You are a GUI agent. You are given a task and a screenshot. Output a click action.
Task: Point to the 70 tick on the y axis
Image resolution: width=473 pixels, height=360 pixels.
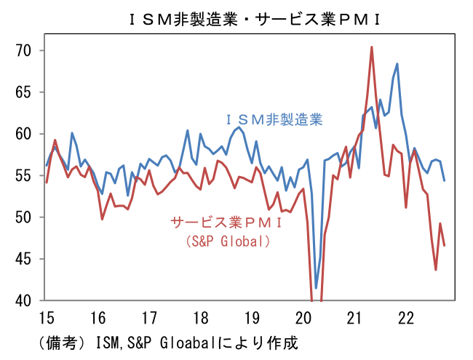(25, 50)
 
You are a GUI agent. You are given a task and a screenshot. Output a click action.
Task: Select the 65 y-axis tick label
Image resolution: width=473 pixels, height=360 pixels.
(25, 92)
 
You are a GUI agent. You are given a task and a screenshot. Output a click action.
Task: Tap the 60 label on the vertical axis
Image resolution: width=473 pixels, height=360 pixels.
(25, 134)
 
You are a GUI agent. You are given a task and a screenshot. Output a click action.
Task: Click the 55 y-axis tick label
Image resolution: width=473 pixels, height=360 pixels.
(25, 175)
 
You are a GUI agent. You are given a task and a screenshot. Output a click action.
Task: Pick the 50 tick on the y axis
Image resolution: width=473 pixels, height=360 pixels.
(25, 217)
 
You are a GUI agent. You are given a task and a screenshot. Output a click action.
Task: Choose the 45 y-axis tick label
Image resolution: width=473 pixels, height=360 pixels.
(25, 259)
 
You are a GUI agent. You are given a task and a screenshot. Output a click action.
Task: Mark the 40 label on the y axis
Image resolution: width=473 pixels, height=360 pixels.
(25, 300)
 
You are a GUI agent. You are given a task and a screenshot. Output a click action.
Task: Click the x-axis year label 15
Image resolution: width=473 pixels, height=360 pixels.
(45, 318)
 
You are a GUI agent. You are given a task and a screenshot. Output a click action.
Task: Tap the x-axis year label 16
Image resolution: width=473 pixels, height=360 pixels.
(98, 318)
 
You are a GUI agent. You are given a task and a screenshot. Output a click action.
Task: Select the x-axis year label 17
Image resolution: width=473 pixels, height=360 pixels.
(149, 318)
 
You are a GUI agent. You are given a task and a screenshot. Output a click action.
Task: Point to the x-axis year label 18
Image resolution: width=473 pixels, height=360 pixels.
(201, 318)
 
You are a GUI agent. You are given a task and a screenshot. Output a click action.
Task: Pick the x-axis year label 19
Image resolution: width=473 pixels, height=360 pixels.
(253, 318)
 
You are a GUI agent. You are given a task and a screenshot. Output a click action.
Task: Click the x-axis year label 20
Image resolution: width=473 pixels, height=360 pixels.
(304, 318)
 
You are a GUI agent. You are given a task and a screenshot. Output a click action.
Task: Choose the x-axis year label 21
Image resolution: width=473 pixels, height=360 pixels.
(356, 318)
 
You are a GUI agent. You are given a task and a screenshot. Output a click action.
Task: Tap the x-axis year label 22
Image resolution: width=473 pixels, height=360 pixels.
(408, 318)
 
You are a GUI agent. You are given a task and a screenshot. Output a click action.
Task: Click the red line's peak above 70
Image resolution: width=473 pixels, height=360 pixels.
(371, 47)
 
